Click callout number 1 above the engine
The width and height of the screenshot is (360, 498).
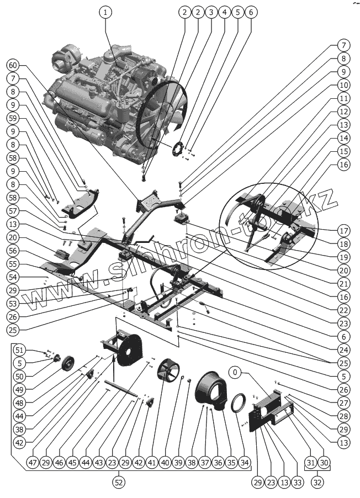106,12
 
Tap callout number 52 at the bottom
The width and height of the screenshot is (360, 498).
118,482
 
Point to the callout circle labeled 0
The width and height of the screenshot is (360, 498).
236,373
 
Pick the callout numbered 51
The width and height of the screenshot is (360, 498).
19,350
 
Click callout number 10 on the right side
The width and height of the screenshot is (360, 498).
343,86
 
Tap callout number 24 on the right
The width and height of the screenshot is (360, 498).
343,349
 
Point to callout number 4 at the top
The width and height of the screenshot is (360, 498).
223,12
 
